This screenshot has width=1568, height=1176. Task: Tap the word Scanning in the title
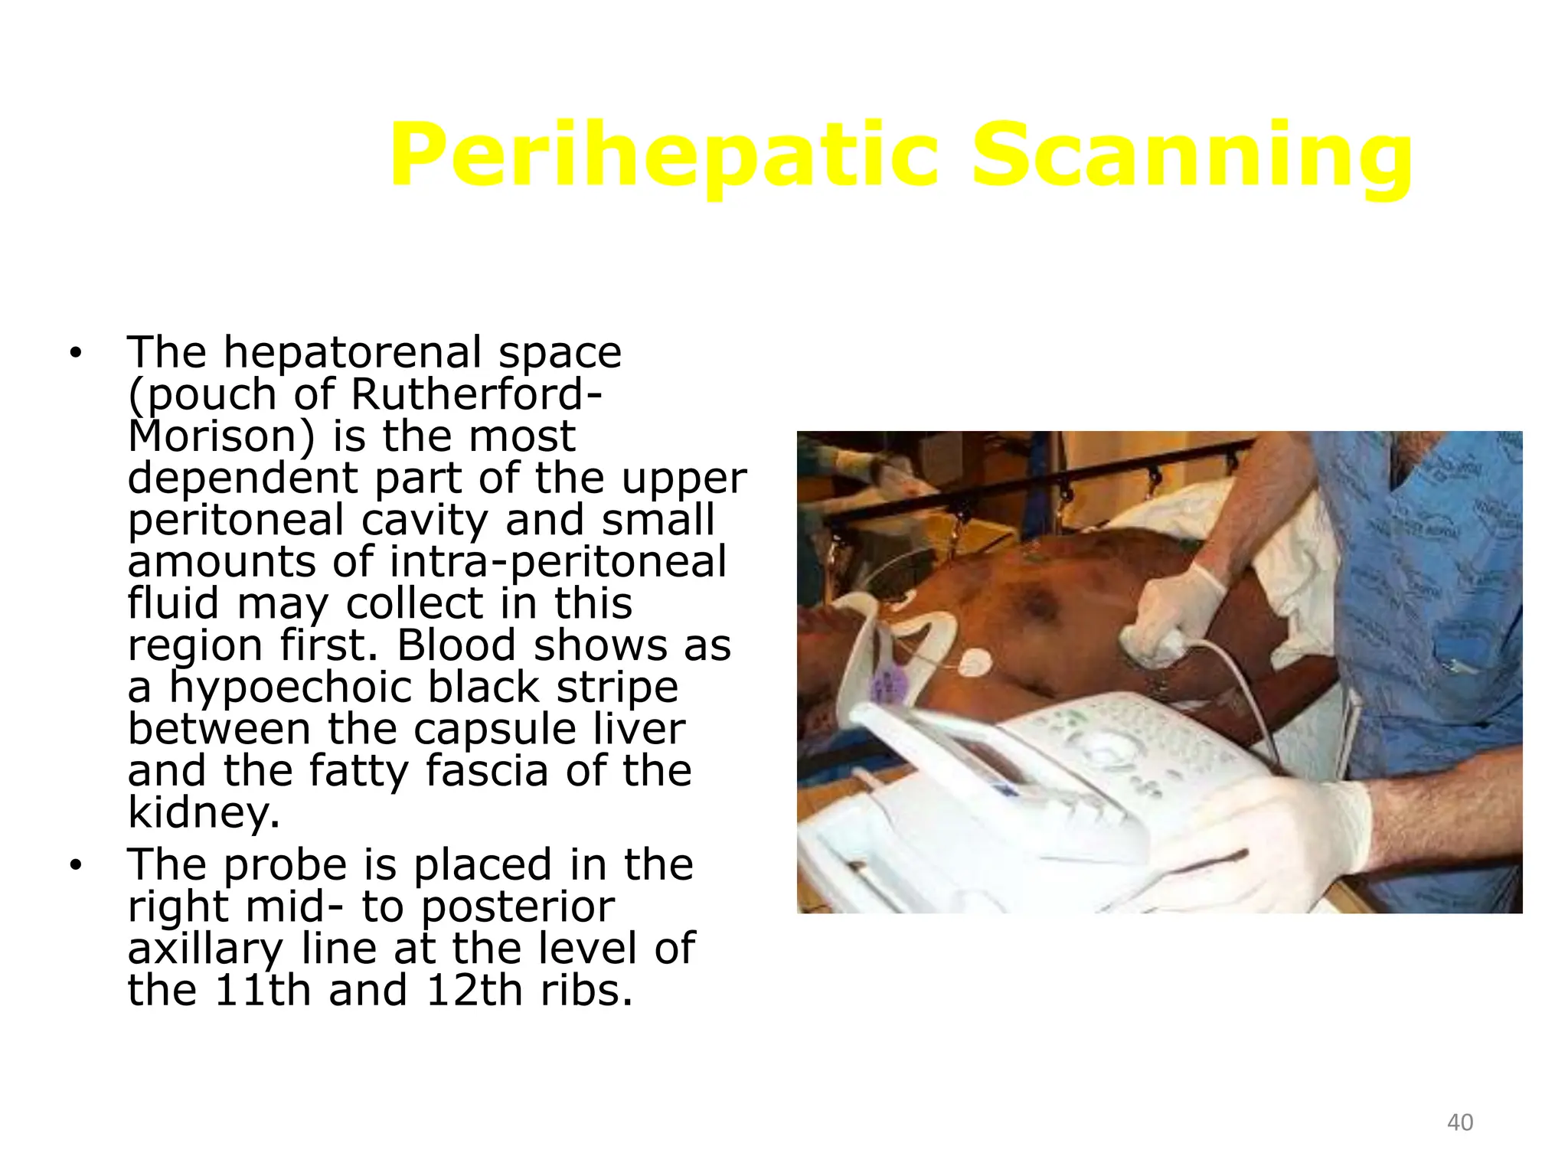tap(1191, 157)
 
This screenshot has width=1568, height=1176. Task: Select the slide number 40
tap(1460, 1122)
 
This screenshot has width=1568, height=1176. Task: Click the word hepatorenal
tap(352, 352)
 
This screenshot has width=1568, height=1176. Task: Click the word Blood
tap(456, 645)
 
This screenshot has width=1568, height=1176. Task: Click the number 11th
tap(262, 990)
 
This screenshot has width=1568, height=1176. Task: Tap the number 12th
tap(474, 990)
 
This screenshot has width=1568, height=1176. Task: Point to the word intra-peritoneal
tap(557, 561)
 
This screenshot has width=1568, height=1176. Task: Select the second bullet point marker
tap(74, 865)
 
